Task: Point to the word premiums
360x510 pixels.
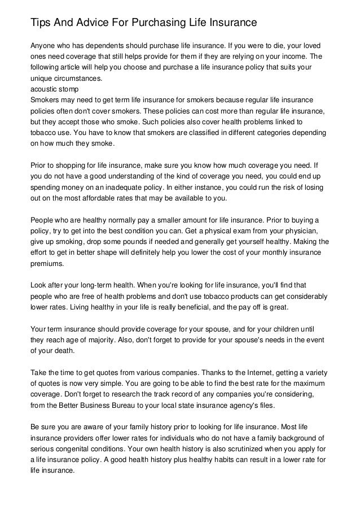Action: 47,263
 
